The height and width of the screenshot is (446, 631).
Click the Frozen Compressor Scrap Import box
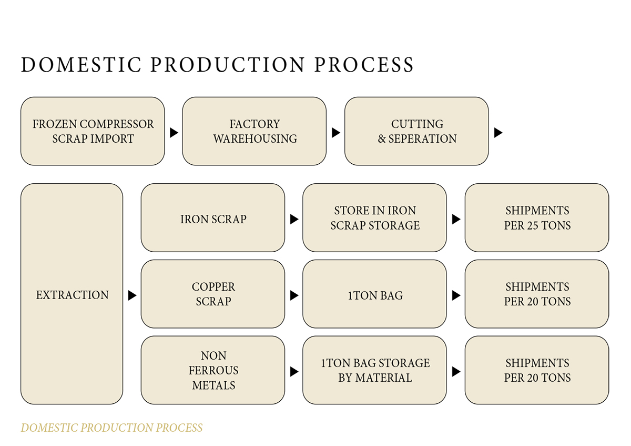(93, 131)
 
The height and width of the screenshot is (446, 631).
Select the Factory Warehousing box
(255, 131)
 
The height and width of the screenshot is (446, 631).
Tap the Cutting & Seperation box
(416, 131)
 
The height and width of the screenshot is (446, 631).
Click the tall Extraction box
(72, 294)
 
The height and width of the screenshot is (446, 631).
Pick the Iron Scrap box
(213, 218)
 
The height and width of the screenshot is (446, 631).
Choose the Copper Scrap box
(213, 294)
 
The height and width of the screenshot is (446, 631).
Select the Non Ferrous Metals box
(213, 370)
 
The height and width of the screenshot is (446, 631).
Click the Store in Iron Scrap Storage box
(375, 218)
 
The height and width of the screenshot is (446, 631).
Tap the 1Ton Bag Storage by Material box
(375, 370)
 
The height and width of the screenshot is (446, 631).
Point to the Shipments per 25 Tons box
(537, 218)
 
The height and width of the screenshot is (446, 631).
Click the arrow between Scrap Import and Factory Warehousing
(174, 133)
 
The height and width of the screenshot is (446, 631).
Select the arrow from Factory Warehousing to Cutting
(336, 133)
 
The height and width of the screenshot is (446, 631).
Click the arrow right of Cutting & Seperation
(498, 133)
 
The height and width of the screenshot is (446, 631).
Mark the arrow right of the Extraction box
(132, 296)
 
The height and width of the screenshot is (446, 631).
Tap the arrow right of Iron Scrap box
(294, 219)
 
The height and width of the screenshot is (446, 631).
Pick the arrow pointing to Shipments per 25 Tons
(456, 219)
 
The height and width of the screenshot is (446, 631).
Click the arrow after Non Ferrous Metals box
(294, 372)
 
